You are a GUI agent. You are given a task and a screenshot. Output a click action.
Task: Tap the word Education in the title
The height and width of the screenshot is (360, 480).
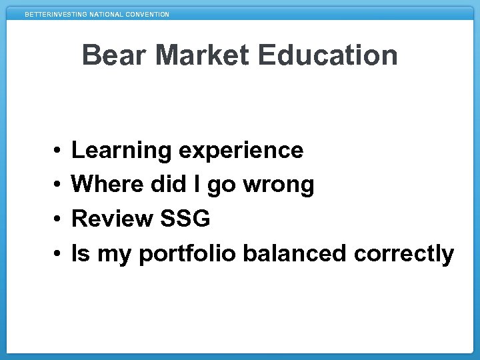(x=327, y=55)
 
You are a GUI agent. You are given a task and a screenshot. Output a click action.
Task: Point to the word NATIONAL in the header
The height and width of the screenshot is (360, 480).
(x=105, y=15)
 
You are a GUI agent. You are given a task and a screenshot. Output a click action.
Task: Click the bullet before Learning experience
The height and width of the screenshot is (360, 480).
(x=59, y=151)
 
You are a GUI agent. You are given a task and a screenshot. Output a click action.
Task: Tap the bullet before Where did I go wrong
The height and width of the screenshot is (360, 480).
(x=59, y=185)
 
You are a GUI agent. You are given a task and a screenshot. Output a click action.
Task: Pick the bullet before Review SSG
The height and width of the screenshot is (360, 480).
(x=59, y=219)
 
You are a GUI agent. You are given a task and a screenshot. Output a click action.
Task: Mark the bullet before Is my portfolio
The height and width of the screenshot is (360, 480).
(x=59, y=254)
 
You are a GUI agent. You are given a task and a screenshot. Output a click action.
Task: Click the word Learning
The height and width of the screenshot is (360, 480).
(x=121, y=151)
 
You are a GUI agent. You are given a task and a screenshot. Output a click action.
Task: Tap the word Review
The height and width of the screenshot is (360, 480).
(x=112, y=219)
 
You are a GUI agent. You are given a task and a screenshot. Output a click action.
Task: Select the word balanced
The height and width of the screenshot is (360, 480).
(x=295, y=254)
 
